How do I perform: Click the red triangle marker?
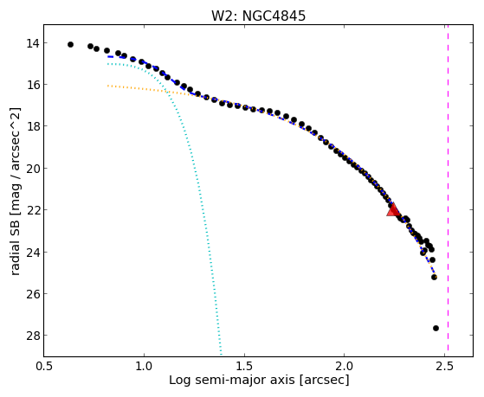click(x=393, y=210)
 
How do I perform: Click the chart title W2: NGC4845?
click(x=258, y=16)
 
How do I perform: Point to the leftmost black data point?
click(x=70, y=44)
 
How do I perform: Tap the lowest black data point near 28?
click(x=436, y=328)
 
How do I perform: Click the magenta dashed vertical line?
click(x=448, y=190)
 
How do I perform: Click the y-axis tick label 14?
click(x=33, y=43)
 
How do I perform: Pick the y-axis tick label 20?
click(x=33, y=169)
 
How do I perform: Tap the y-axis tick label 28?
click(x=33, y=336)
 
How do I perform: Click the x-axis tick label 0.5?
click(x=44, y=367)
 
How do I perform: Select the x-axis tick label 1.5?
click(x=244, y=367)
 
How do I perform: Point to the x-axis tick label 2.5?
click(x=444, y=367)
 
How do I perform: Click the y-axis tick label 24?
click(x=33, y=252)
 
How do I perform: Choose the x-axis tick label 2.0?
click(x=345, y=367)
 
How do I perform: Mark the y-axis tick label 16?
click(x=33, y=85)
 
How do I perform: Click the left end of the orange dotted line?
click(x=107, y=86)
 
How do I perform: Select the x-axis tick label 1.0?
click(x=144, y=367)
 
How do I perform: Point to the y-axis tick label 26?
click(x=33, y=294)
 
